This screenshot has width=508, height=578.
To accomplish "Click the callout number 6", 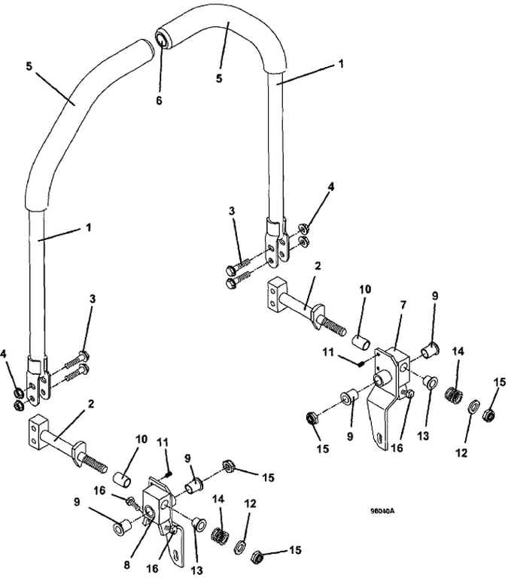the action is [x=159, y=100].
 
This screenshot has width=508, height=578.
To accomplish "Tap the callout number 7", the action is [x=403, y=306].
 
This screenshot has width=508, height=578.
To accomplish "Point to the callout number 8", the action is [x=127, y=564].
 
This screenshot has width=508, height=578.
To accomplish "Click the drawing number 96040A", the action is [x=382, y=511].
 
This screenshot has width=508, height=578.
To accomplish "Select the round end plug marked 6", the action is [x=163, y=37].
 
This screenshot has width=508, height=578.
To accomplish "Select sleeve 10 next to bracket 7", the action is [x=361, y=342].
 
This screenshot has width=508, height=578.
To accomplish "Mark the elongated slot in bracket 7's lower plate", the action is [x=380, y=437].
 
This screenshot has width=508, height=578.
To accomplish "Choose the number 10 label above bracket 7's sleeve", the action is [x=364, y=289].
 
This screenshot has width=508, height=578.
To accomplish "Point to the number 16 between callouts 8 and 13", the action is [x=152, y=568].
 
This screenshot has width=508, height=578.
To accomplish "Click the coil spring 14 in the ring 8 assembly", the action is [x=218, y=534].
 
